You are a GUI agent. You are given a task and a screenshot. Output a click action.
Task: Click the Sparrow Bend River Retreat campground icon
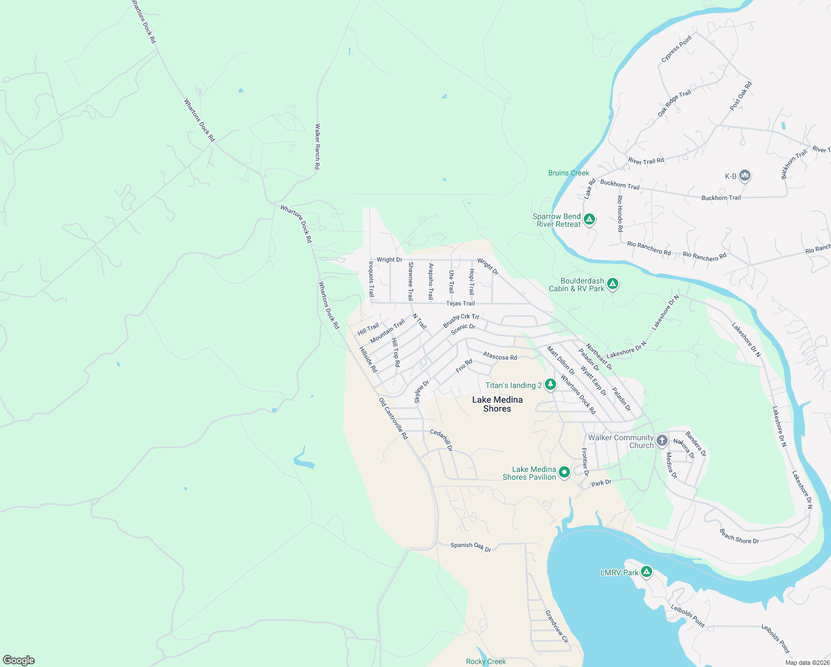589,220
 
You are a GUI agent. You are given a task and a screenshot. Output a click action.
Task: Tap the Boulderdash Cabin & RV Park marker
613,284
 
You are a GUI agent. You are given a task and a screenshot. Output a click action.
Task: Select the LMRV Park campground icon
646,571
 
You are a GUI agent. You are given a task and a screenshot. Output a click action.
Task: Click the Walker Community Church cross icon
662,441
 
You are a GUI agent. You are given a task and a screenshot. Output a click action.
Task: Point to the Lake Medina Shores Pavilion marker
564,472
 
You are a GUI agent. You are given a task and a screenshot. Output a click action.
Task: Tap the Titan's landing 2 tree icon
550,385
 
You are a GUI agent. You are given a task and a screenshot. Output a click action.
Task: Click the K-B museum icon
745,176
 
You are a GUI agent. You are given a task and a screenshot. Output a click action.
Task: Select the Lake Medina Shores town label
497,404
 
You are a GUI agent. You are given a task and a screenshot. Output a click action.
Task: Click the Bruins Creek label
568,173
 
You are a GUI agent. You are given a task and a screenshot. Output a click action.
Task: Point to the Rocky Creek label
485,661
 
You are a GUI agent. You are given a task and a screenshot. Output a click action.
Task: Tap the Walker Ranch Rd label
317,147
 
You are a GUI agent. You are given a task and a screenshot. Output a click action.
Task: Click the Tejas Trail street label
460,303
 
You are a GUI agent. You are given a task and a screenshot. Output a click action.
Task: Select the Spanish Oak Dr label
470,546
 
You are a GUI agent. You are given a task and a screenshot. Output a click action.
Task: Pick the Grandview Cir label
557,626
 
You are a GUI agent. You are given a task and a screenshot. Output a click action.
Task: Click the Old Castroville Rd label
393,419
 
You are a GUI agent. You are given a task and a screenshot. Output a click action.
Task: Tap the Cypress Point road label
677,49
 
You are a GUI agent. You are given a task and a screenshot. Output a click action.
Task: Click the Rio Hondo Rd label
620,213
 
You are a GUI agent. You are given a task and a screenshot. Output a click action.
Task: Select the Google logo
19,660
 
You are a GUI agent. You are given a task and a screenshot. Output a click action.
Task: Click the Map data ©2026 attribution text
807,663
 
